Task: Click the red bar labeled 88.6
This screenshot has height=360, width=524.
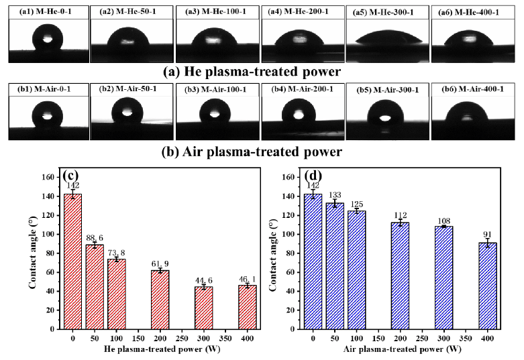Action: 95,287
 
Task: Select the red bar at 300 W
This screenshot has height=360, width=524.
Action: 203,308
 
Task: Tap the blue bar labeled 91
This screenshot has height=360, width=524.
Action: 488,286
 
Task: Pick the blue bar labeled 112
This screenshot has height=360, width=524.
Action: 400,276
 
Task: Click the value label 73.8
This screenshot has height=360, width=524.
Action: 116,253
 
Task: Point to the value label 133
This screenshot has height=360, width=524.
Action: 335,195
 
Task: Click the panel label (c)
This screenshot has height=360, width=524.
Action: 70,176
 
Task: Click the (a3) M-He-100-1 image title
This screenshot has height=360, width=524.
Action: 215,12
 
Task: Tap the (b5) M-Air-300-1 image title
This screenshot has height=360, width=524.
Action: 388,90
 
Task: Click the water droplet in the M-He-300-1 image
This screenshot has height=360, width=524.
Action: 388,37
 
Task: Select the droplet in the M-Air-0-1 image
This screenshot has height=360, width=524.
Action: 47,114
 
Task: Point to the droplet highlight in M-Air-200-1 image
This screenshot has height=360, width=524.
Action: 299,115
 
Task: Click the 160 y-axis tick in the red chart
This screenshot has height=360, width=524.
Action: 48,177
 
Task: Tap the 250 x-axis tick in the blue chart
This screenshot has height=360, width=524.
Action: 422,339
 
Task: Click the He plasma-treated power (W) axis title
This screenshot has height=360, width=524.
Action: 162,349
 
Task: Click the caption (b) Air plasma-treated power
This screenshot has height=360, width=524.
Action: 252,152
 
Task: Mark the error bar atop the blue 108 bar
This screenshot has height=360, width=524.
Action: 443,227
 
